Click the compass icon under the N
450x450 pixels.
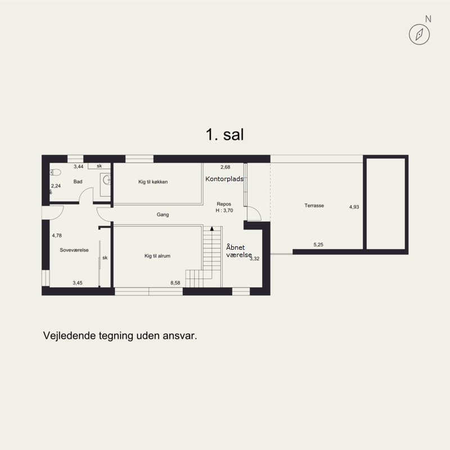419,34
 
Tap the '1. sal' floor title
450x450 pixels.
224,134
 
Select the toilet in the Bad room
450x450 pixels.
55,172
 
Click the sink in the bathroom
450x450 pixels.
106,180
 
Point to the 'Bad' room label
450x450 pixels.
78,182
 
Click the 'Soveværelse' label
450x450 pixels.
74,250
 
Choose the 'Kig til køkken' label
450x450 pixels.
153,182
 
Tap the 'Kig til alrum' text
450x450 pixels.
157,256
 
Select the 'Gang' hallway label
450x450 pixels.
163,214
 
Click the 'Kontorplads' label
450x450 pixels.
224,179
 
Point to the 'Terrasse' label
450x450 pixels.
314,205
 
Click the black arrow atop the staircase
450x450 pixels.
212,228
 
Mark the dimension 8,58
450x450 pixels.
175,283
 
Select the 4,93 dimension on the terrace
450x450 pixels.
354,207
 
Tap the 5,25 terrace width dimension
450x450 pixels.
318,245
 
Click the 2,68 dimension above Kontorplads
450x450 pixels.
226,167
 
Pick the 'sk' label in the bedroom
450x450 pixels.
105,258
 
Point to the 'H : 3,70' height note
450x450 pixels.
224,210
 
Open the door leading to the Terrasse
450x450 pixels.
254,213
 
